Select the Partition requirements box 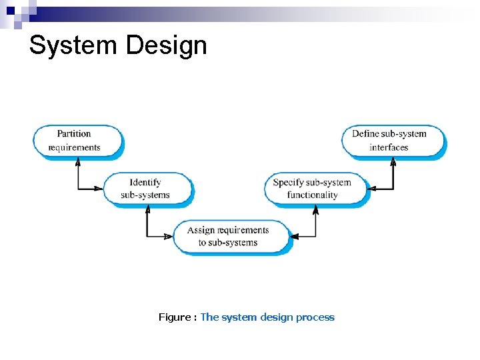click(78, 141)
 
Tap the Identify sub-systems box click(146, 189)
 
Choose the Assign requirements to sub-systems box click(231, 237)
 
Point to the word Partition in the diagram click(74, 134)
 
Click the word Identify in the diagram click(145, 182)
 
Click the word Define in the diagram click(365, 134)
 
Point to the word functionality click(313, 195)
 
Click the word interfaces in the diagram click(389, 147)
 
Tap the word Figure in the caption click(174, 317)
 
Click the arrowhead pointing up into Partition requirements click(79, 162)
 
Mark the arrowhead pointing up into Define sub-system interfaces click(393, 162)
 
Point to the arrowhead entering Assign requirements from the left click(169, 237)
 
